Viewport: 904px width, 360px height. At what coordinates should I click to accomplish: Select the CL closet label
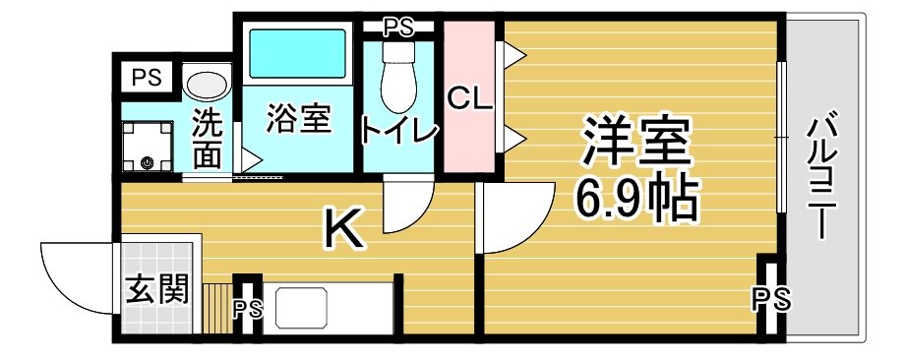point(470,100)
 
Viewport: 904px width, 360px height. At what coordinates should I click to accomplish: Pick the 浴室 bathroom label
point(299,119)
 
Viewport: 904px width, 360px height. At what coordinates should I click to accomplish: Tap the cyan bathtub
point(297,54)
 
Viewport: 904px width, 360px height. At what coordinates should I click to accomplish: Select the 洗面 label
point(207,139)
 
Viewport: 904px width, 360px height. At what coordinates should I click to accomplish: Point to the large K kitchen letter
point(344,228)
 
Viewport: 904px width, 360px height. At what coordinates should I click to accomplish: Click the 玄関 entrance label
point(157,289)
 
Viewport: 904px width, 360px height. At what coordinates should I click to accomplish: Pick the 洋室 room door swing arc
point(531,229)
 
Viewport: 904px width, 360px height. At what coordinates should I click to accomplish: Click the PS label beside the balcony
point(772,300)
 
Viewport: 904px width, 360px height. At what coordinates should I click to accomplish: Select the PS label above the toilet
point(398,28)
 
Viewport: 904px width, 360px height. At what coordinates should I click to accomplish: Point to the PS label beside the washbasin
point(147,78)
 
